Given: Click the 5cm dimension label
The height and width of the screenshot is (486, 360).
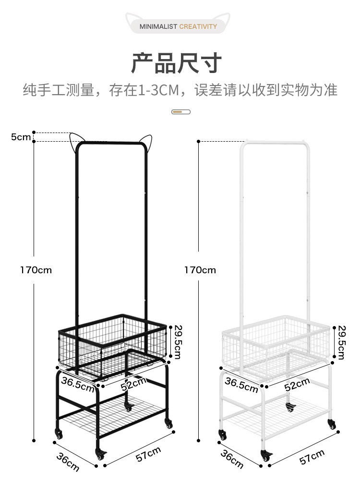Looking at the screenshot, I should coord(21,137).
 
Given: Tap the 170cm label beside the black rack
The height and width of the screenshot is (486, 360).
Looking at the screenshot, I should coord(36,270).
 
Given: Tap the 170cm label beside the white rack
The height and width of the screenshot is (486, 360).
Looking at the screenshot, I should coord(200,270).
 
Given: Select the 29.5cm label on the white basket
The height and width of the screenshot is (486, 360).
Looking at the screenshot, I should coord(341,341).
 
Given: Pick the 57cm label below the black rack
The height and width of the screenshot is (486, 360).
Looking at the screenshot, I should coord(148,454).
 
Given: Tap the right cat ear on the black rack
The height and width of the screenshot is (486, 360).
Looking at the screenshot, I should coord(144,143).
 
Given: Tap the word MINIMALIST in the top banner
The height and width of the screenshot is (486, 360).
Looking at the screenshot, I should coord(158,26).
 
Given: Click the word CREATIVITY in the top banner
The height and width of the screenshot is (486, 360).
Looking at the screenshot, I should coord(198,26).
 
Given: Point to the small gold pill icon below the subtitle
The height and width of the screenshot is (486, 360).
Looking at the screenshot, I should coord(180,112).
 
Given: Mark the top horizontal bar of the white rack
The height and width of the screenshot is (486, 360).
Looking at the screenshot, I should coord(273,142).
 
